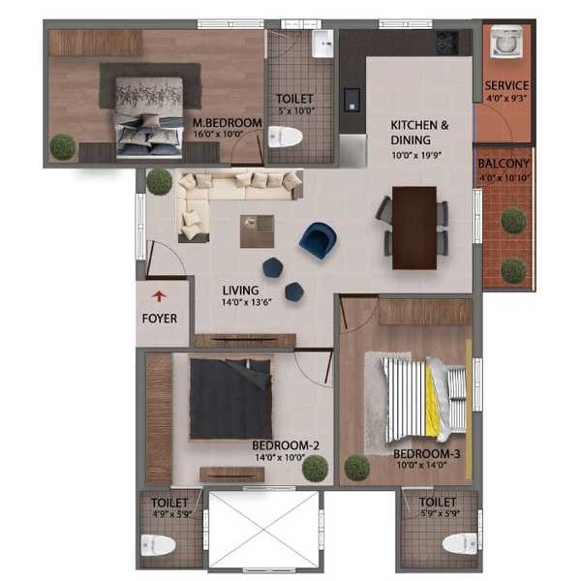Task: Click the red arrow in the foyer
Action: (x=160, y=296)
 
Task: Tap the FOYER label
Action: (x=160, y=319)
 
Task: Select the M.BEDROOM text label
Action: (x=228, y=123)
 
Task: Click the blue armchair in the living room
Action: (x=319, y=240)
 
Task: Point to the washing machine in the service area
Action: (x=506, y=43)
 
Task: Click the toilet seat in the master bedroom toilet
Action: (x=285, y=138)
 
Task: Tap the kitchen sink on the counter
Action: (x=352, y=100)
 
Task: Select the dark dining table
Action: (x=414, y=228)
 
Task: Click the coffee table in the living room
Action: (x=258, y=231)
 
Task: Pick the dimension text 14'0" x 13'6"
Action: (x=247, y=302)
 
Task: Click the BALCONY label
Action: (x=504, y=164)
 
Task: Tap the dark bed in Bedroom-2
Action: (x=230, y=399)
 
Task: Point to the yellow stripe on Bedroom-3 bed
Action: (x=431, y=400)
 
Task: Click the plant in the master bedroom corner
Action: (x=63, y=147)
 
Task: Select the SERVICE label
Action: (x=506, y=85)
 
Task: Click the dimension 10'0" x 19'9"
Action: (x=416, y=155)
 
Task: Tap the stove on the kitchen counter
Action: (x=446, y=42)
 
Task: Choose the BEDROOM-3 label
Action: (x=426, y=453)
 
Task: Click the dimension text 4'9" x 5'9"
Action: (x=173, y=514)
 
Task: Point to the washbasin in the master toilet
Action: (x=322, y=45)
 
